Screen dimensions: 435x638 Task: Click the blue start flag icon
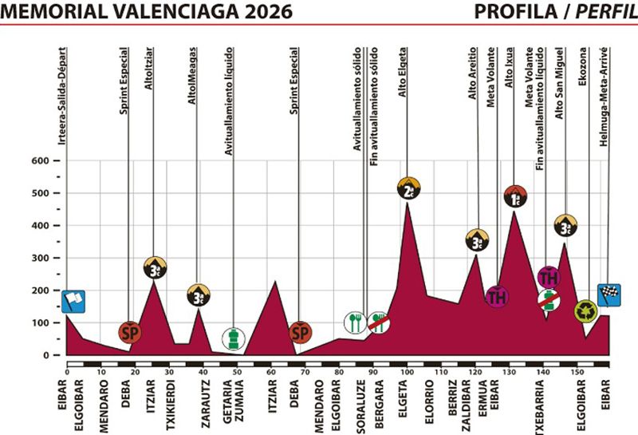click(x=73, y=301)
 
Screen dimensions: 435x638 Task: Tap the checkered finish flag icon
click(x=608, y=295)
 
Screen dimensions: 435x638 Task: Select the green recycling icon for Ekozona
click(x=586, y=310)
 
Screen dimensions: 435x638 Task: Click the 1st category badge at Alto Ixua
click(x=515, y=196)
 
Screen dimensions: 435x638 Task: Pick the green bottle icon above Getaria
click(x=233, y=338)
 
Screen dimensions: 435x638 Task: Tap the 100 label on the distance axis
click(x=406, y=372)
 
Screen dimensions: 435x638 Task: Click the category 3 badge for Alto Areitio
click(x=478, y=239)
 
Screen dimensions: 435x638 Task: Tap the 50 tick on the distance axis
click(x=237, y=372)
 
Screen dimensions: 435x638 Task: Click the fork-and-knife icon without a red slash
click(x=355, y=322)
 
